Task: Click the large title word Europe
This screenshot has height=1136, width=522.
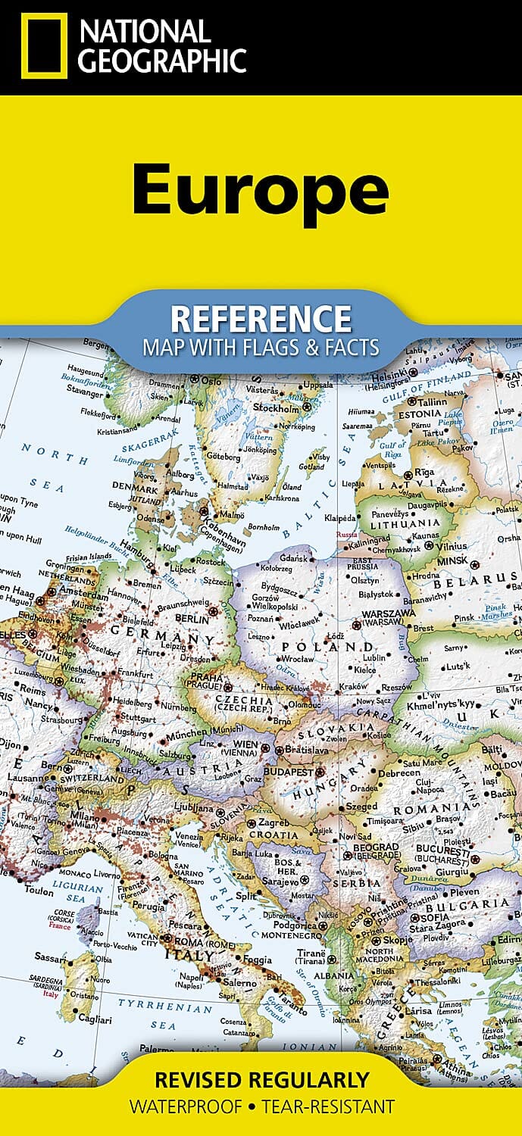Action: (x=260, y=189)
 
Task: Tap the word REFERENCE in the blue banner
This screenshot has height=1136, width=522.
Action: (x=261, y=319)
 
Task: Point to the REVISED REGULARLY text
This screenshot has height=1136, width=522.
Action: (x=261, y=1078)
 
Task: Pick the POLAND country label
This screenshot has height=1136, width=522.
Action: (x=327, y=648)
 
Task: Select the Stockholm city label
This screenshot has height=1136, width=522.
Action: (x=279, y=407)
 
